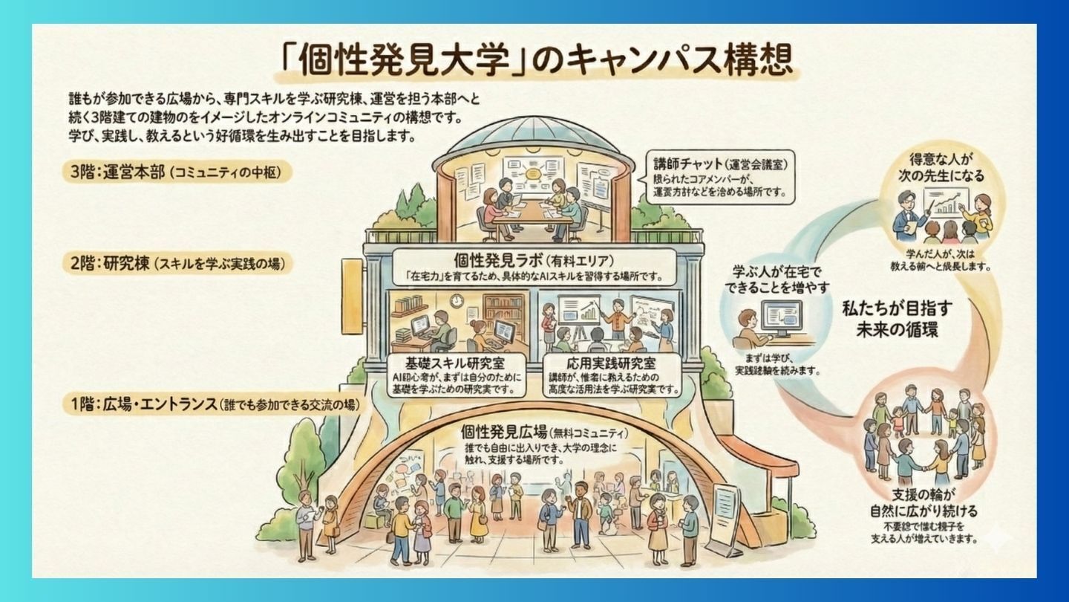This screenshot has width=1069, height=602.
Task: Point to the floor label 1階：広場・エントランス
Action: pos(141,405)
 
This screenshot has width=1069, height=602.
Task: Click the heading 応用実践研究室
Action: pos(611,364)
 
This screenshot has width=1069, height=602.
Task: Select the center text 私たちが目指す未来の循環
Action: pos(901,318)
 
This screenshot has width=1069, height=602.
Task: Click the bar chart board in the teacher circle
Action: pos(943,201)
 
